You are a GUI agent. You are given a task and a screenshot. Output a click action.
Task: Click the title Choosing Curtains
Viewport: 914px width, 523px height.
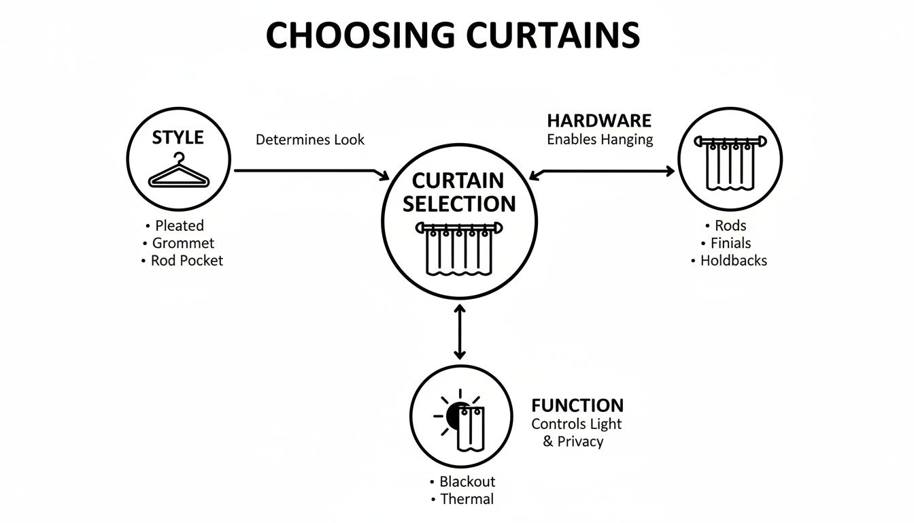click(452, 35)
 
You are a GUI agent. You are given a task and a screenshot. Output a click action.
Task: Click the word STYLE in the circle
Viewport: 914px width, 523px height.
click(177, 138)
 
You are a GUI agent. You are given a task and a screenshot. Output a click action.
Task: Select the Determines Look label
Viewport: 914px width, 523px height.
click(310, 140)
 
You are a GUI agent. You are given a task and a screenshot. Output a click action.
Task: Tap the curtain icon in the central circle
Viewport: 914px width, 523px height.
click(460, 248)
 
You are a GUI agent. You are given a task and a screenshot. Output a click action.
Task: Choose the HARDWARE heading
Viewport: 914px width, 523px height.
click(599, 121)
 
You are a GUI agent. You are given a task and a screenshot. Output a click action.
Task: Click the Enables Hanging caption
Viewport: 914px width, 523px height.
click(600, 140)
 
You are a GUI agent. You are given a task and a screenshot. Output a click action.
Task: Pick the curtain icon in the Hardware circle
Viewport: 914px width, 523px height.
click(730, 163)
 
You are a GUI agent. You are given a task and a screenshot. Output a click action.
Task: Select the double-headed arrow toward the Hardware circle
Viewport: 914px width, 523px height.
click(602, 172)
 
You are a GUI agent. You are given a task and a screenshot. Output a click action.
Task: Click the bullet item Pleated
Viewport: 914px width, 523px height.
click(179, 225)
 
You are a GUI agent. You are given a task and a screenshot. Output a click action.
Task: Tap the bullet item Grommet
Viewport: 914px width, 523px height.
click(183, 243)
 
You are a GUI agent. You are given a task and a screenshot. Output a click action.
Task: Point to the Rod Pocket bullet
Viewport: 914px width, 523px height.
click(186, 260)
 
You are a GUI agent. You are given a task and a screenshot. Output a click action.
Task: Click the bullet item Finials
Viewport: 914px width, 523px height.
click(731, 243)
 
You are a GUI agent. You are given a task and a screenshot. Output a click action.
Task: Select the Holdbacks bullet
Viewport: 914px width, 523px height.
click(733, 260)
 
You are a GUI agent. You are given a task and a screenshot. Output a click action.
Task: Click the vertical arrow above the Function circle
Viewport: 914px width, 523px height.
click(460, 332)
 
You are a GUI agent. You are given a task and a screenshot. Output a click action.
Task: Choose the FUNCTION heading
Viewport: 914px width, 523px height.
click(577, 406)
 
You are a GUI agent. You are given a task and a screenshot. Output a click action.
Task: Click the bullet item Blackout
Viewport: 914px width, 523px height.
click(467, 481)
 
